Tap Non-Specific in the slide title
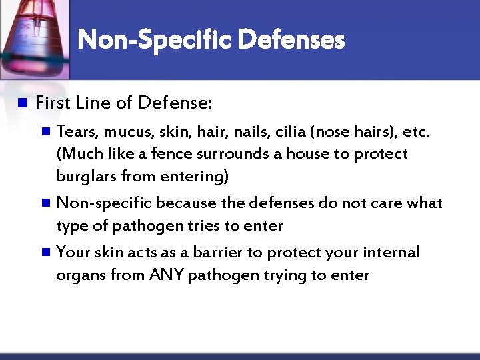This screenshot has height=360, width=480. coord(156,41)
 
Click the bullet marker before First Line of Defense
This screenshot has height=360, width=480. coord(21,103)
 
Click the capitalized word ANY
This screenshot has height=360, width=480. coord(168,275)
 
